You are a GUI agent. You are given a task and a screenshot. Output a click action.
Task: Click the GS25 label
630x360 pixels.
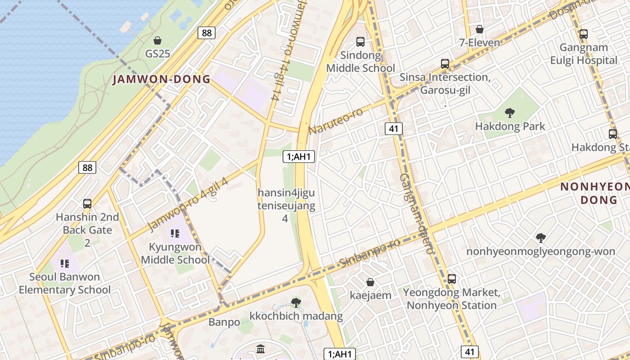(x=157, y=54)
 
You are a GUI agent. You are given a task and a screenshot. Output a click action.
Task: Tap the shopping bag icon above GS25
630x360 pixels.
(x=157, y=40)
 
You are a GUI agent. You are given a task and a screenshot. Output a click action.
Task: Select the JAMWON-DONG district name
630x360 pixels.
(x=161, y=80)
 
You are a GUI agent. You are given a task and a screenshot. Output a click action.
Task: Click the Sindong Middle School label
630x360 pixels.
(x=360, y=62)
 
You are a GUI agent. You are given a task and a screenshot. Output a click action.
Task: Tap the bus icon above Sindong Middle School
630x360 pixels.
(x=360, y=42)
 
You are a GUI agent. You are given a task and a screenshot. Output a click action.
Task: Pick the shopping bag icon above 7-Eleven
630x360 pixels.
(x=480, y=30)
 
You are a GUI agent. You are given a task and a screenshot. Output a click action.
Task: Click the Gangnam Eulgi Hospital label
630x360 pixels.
(x=584, y=54)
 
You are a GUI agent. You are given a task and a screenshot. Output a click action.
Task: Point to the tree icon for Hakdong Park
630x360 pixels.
(x=510, y=112)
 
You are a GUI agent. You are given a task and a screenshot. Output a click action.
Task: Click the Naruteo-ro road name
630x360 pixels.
(x=336, y=121)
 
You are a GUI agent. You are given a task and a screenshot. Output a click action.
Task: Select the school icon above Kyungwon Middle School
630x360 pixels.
(x=175, y=234)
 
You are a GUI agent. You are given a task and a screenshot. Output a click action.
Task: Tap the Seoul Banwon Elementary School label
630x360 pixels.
(x=64, y=283)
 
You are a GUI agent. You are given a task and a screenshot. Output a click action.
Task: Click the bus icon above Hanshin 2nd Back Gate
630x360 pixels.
(x=87, y=204)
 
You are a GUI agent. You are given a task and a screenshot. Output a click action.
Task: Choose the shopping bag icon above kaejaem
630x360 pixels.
(x=370, y=282)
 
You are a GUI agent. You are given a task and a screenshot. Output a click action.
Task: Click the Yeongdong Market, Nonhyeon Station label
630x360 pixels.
(x=451, y=299)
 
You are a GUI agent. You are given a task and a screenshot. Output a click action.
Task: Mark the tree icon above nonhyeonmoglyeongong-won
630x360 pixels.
(x=541, y=238)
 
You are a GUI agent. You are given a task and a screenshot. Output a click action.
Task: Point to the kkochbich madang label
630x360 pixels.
(x=296, y=316)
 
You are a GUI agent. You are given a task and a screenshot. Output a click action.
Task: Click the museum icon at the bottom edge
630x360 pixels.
(x=261, y=349)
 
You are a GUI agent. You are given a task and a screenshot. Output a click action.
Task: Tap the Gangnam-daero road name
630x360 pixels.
(x=416, y=213)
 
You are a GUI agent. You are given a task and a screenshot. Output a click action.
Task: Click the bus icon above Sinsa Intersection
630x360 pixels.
(x=445, y=64)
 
